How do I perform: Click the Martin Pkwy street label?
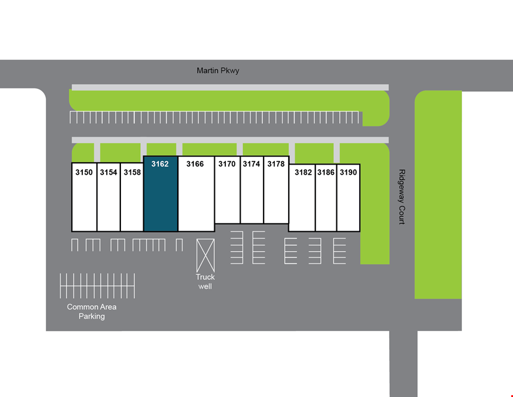click(218, 71)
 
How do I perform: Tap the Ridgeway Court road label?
click(401, 196)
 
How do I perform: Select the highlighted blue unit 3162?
click(161, 194)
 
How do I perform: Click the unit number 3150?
click(84, 172)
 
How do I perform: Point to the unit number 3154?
click(108, 172)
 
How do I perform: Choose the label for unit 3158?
click(132, 172)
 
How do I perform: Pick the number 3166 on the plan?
click(195, 164)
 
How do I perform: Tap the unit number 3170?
click(227, 164)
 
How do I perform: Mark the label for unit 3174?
click(251, 164)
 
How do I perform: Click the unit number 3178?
click(276, 164)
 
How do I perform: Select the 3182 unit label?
click(303, 172)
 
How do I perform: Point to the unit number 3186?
click(326, 172)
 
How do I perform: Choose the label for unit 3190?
click(348, 172)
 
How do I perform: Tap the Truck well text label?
click(205, 282)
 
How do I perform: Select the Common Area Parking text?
click(92, 312)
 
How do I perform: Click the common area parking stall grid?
click(97, 286)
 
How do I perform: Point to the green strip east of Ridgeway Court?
click(438, 195)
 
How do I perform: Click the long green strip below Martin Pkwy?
click(229, 101)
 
